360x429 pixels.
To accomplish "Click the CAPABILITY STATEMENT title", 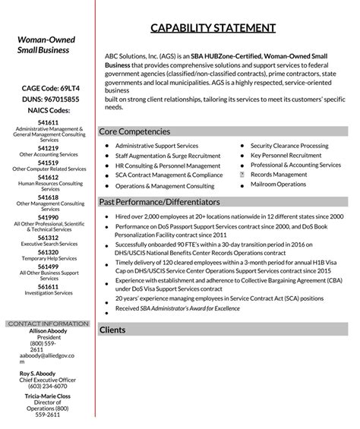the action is point(213,28).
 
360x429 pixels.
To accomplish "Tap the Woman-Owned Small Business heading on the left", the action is point(43,45).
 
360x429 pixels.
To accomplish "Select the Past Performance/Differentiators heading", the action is point(159,202).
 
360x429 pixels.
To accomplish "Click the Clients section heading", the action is point(112,330).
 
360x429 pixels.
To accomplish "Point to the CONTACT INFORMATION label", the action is point(48,323).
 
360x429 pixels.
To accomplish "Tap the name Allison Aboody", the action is point(48,331).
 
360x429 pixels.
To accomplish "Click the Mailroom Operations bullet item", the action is point(278,185).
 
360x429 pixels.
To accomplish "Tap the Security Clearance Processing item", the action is point(289,146).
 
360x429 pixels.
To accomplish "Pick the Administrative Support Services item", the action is point(156,146).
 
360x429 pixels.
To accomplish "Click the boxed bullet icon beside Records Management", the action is point(242,175).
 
